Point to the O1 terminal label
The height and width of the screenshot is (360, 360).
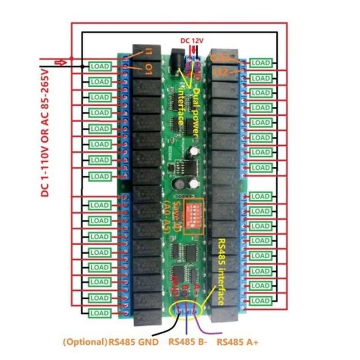149,69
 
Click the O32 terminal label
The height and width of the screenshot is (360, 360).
220,58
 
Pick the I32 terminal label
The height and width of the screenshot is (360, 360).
221,72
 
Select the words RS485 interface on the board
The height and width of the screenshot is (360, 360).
221,272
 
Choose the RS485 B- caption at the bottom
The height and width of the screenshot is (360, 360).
188,342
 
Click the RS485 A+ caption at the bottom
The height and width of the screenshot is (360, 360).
238,342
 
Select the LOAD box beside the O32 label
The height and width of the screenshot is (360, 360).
261,63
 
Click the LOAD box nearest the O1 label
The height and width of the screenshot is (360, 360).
100,66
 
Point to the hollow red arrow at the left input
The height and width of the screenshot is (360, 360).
60,62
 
